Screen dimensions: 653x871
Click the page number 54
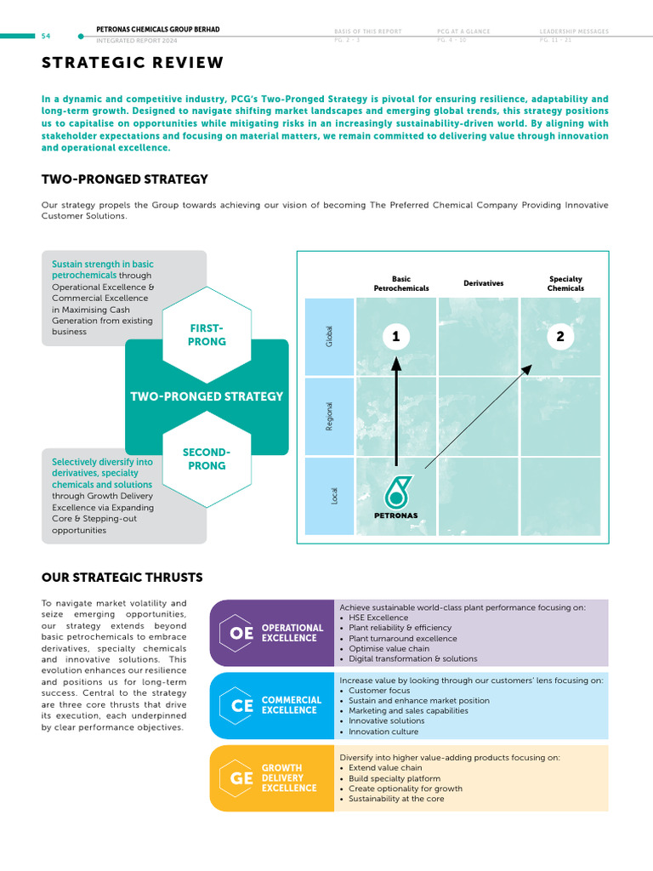click(45, 37)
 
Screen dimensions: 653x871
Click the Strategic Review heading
click(133, 63)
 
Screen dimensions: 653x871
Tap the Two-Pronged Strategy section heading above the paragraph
click(125, 179)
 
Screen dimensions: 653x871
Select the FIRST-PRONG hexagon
click(206, 335)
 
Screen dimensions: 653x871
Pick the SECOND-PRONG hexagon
click(206, 459)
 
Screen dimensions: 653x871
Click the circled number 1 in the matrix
click(395, 337)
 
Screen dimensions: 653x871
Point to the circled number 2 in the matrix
click(559, 337)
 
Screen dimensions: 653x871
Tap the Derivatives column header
click(483, 283)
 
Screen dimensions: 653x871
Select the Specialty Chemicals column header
click(565, 283)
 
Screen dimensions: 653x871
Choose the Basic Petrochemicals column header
click(401, 283)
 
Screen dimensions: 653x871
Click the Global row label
click(330, 336)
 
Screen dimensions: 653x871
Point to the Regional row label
click(330, 416)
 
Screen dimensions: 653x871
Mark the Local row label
click(334, 495)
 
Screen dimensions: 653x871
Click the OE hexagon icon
click(241, 633)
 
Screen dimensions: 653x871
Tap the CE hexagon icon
click(241, 705)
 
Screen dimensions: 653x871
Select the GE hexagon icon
click(241, 777)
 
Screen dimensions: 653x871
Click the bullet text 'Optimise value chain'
click(389, 648)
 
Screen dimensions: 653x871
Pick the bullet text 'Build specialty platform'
click(395, 778)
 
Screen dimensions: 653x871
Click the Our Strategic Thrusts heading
click(122, 578)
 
